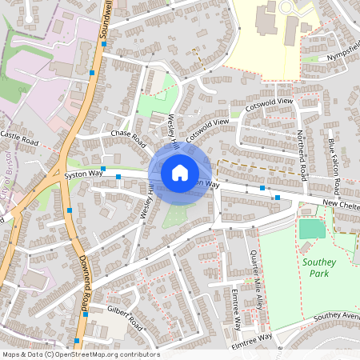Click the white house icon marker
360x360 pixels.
click(x=180, y=172)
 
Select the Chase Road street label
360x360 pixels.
click(x=130, y=134)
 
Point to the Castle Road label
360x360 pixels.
click(x=20, y=138)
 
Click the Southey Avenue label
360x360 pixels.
click(x=336, y=317)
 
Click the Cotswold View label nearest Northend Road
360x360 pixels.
click(x=272, y=105)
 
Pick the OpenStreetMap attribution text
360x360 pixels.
click(x=81, y=354)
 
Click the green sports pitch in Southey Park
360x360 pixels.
click(x=312, y=229)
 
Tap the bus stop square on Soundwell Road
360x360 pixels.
click(x=94, y=73)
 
